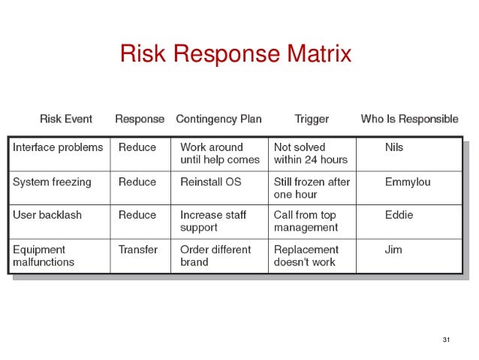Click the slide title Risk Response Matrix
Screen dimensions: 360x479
point(235,55)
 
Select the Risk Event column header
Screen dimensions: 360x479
point(66,119)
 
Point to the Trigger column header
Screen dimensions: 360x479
point(312,119)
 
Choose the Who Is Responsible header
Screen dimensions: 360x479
point(409,119)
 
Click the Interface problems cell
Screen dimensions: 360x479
point(58,147)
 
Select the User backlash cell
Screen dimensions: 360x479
point(47,215)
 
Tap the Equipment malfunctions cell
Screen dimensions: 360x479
point(44,256)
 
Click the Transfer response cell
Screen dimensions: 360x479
point(138,250)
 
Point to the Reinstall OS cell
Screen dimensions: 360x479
point(211,182)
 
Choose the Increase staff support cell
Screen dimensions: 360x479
point(212,221)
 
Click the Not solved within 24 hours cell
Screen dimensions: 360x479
point(311,153)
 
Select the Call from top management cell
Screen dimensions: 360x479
point(306,221)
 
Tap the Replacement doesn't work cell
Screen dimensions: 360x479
point(306,256)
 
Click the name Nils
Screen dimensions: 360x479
point(395,147)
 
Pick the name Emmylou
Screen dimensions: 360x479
point(408,182)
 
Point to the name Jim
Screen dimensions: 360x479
point(393,250)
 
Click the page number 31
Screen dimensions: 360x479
point(447,340)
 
